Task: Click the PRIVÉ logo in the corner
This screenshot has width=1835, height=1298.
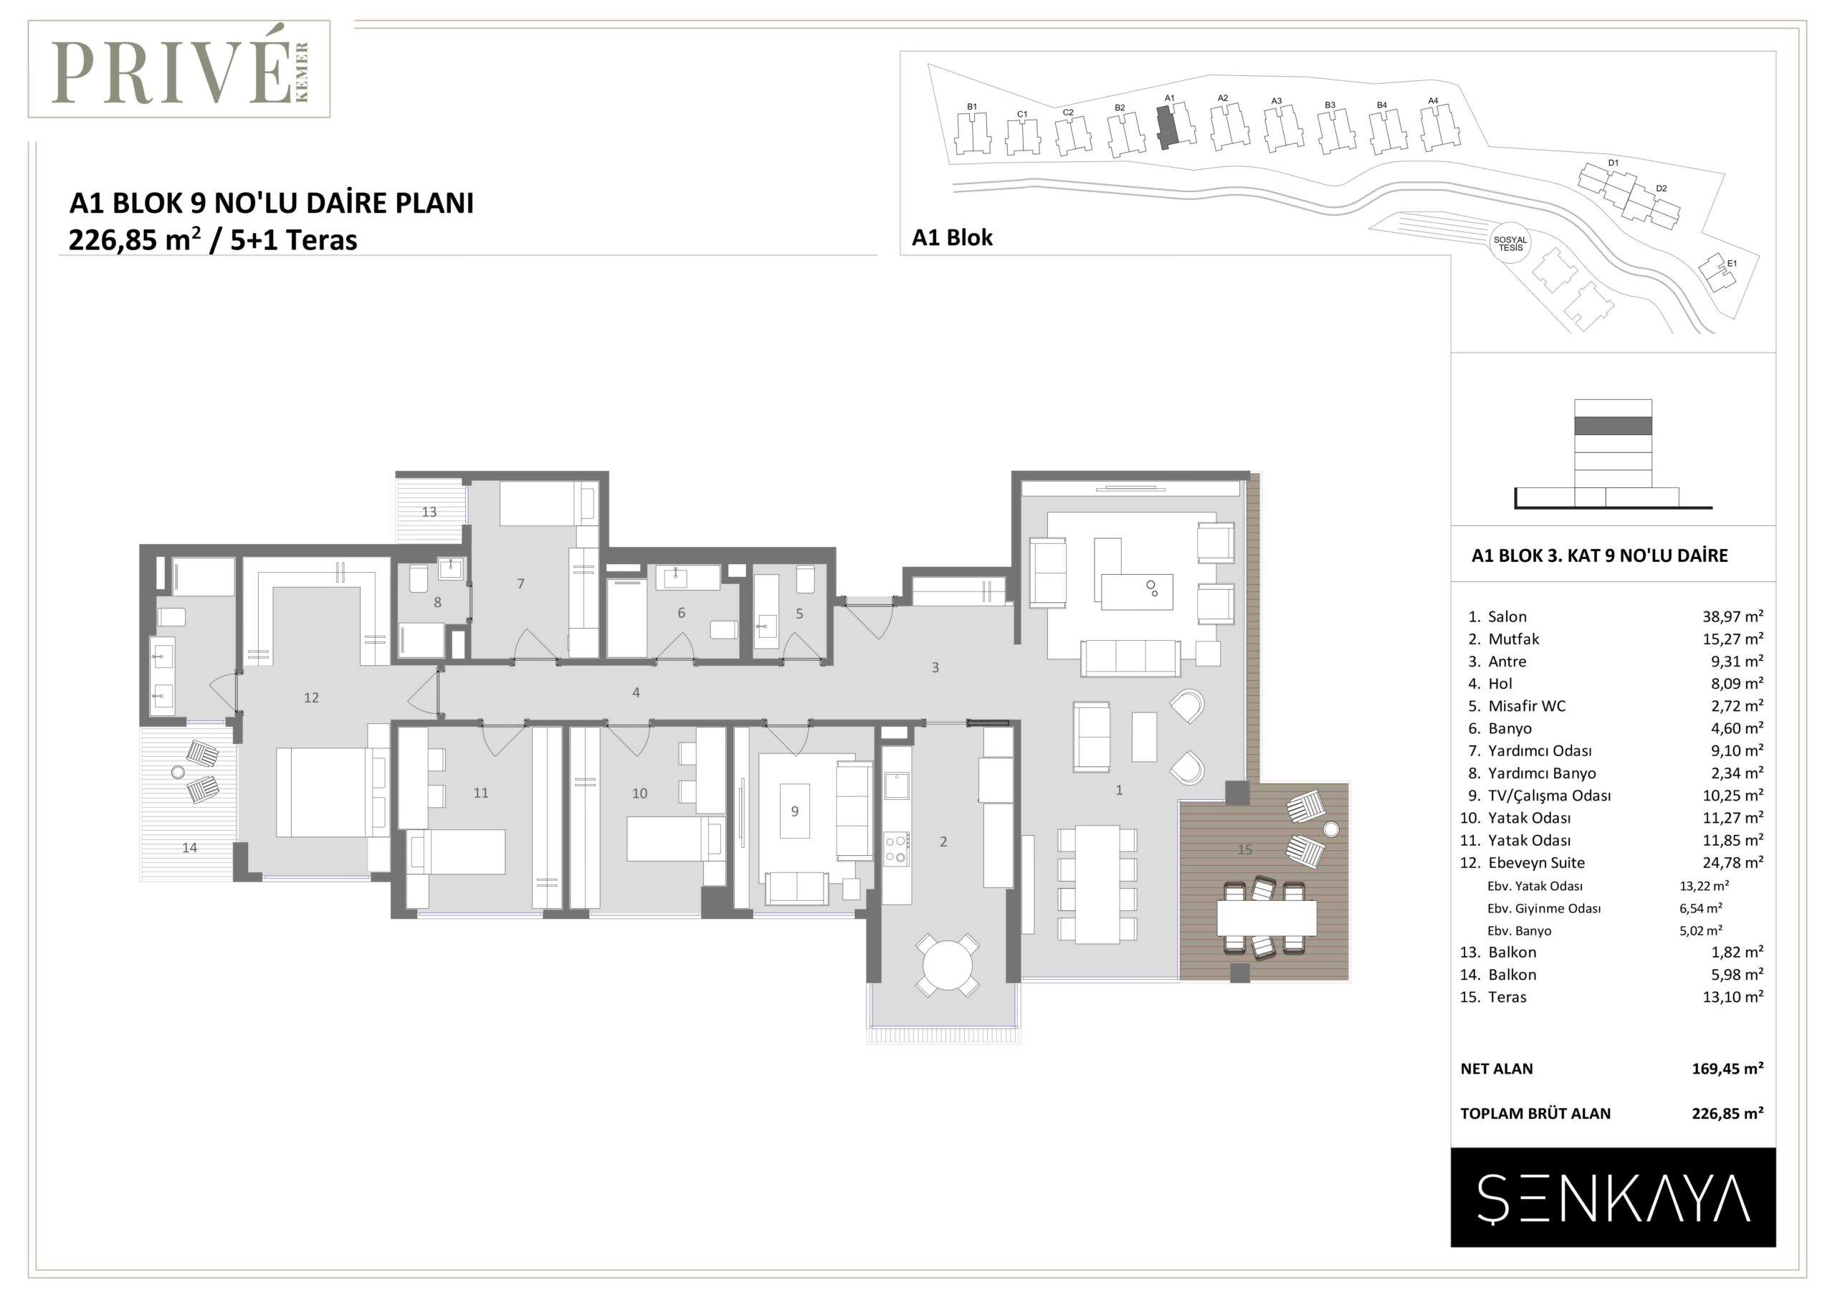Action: tap(179, 70)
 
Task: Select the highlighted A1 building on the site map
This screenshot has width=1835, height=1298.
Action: tap(1167, 127)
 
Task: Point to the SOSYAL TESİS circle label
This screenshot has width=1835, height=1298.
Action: tap(1510, 244)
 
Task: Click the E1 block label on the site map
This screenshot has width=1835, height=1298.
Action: tap(1732, 263)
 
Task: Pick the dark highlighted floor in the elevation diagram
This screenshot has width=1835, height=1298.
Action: tap(1613, 426)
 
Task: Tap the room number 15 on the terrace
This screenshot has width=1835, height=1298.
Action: tap(1244, 849)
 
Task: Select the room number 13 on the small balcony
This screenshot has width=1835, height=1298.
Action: tap(429, 512)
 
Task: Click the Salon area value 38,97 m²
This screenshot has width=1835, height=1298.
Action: tap(1732, 616)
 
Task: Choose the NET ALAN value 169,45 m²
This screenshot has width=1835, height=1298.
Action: tap(1727, 1068)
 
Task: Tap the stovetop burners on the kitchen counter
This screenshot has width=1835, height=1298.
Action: tap(897, 848)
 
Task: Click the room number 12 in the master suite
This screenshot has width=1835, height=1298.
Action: tap(311, 698)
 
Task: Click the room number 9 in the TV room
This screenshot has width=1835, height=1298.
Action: tap(794, 811)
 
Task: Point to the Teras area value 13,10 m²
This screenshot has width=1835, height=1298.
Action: tap(1732, 997)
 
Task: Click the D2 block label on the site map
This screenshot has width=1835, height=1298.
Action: tap(1661, 189)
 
